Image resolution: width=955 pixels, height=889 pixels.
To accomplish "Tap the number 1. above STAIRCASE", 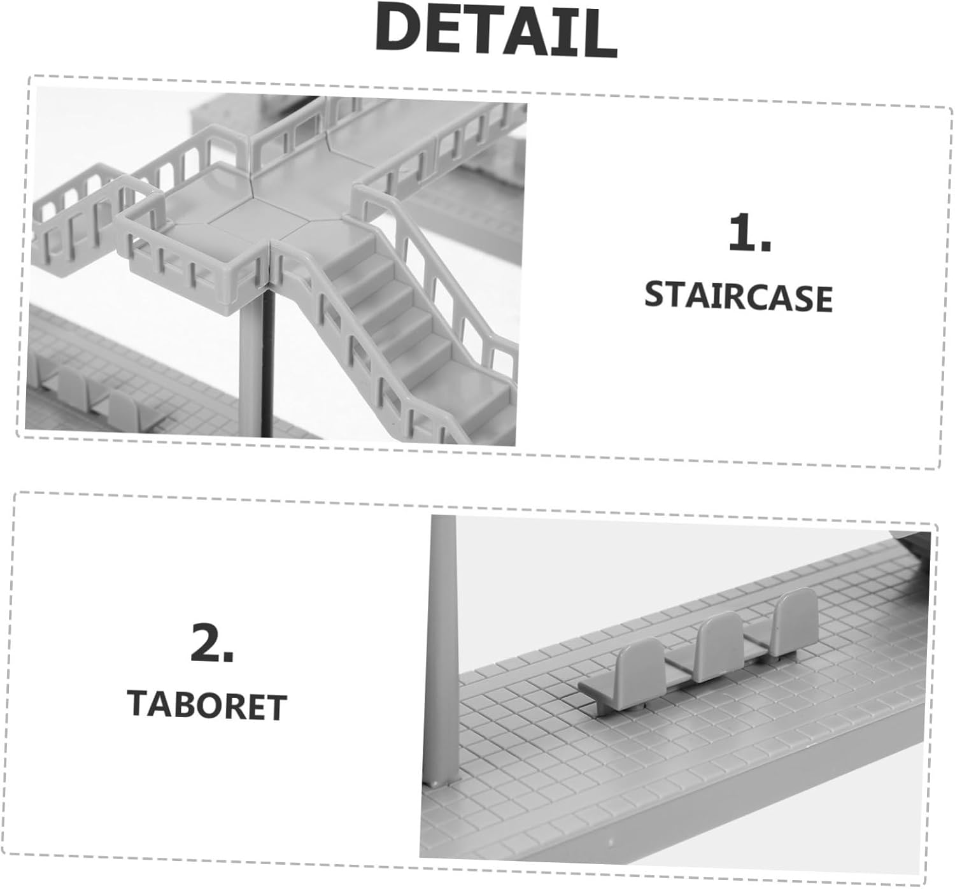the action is click(749, 233).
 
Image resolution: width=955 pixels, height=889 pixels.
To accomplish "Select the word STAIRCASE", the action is click(738, 297).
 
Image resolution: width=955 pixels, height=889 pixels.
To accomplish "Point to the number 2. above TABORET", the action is click(212, 642).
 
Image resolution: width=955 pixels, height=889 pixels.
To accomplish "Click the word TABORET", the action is click(207, 706).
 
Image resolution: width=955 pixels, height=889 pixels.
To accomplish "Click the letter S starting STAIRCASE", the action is click(657, 295).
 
